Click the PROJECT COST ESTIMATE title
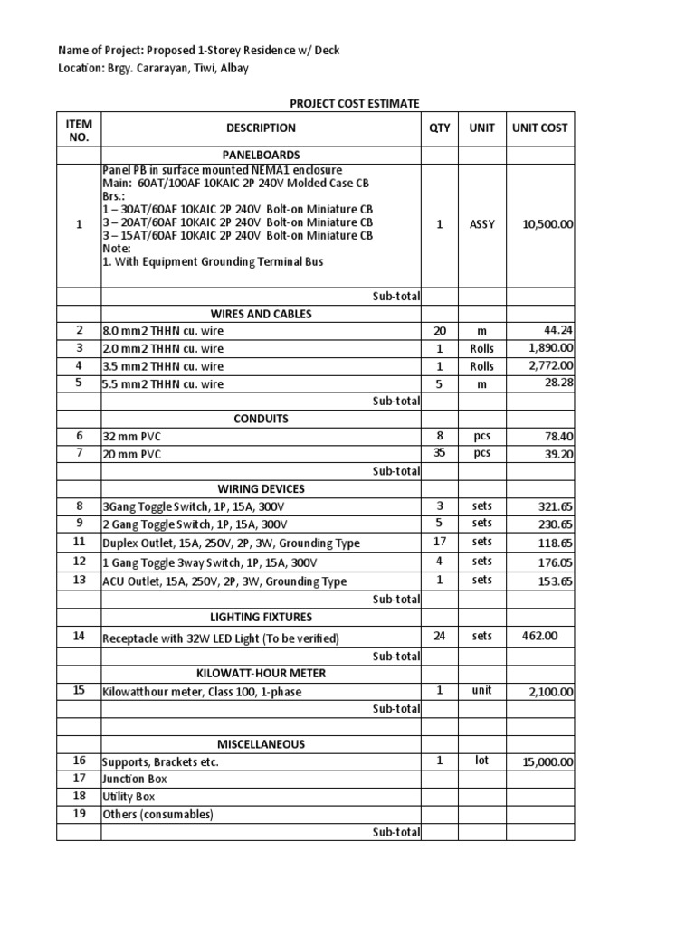click(x=354, y=104)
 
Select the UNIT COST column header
click(x=539, y=128)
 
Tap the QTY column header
click(x=439, y=128)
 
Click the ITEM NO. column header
click(x=79, y=128)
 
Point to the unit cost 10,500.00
click(x=547, y=224)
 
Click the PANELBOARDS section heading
click(x=261, y=155)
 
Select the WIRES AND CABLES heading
click(x=261, y=314)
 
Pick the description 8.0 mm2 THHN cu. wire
click(x=164, y=331)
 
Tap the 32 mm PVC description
click(x=133, y=436)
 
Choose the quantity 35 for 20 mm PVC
click(x=440, y=453)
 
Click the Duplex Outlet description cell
click(x=231, y=543)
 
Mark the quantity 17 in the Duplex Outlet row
click(x=440, y=542)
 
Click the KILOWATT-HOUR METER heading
click(x=261, y=674)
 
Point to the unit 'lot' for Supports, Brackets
click(x=481, y=761)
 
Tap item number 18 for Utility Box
click(x=79, y=796)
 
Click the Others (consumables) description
click(x=157, y=815)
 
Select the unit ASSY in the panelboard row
click(x=481, y=224)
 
